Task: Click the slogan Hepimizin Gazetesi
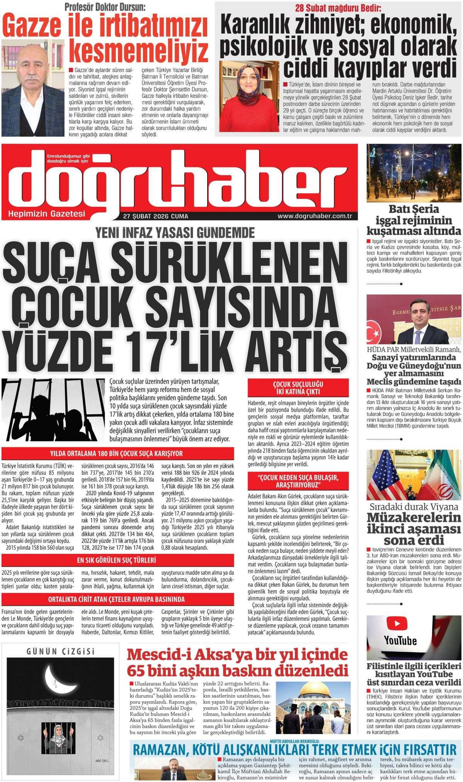(47, 213)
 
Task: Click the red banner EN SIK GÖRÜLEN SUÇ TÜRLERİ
(118, 559)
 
